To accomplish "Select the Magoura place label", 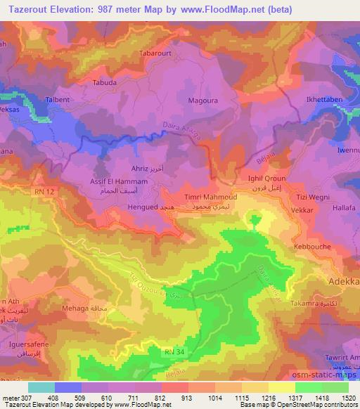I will [202, 100].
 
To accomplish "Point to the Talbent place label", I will [58, 100].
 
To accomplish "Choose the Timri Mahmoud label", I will [210, 198].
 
